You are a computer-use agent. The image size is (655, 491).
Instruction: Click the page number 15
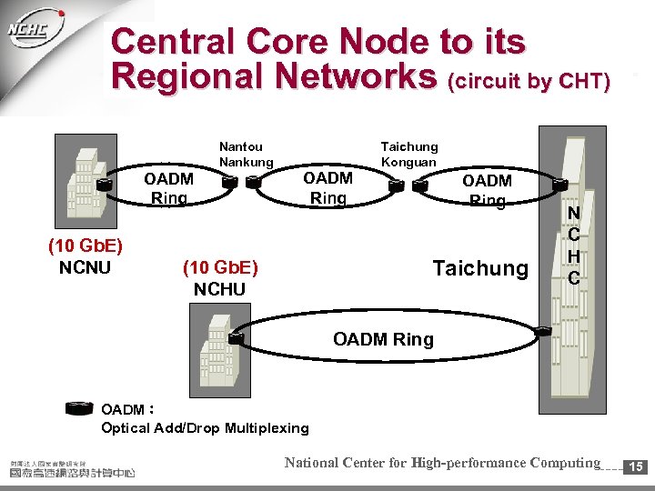[x=637, y=466]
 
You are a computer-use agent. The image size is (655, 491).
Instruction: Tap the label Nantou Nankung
[x=246, y=154]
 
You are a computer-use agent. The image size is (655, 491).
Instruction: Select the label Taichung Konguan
[x=409, y=154]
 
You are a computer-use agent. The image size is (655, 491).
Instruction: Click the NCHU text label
[x=220, y=289]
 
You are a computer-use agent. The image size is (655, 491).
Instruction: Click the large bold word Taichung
[x=480, y=268]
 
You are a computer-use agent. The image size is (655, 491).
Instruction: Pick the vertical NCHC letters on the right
[x=573, y=246]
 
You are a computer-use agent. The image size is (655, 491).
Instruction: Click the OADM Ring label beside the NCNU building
[x=169, y=188]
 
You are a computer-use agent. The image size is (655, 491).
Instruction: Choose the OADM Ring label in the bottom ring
[x=383, y=340]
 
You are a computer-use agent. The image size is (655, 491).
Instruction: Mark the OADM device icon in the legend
[x=81, y=408]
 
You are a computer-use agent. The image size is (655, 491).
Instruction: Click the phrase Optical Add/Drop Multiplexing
[x=206, y=427]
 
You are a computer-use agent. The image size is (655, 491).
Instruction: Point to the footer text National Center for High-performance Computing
[x=442, y=463]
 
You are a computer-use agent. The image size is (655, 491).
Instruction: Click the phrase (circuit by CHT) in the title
[x=529, y=81]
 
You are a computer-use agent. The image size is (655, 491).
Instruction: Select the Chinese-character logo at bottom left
[x=72, y=468]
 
